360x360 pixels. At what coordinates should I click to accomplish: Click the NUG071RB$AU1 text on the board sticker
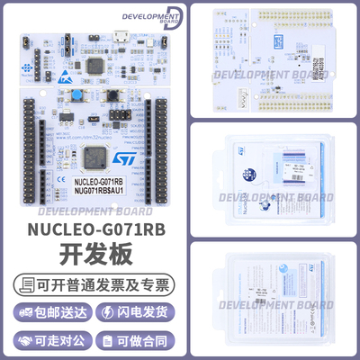pos(94,192)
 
